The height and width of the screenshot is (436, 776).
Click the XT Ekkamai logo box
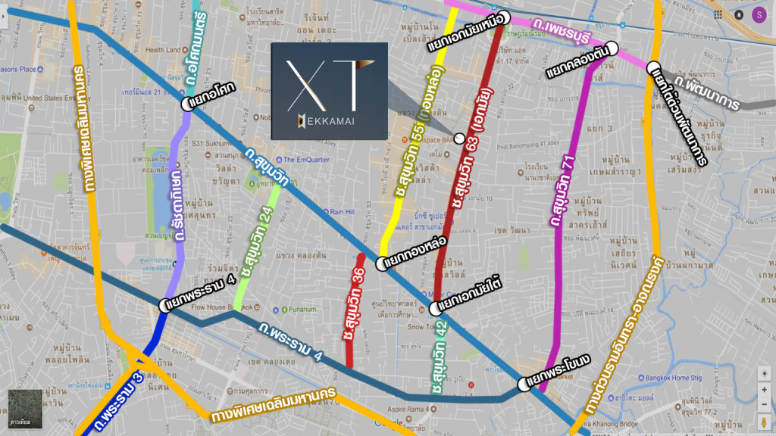click(x=329, y=90)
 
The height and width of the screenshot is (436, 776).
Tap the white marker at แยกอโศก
click(x=186, y=105)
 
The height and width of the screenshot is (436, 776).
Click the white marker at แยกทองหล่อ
click(x=380, y=264)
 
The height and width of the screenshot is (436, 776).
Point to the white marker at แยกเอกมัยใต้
click(x=434, y=308)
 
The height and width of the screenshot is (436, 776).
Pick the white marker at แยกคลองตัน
click(x=612, y=48)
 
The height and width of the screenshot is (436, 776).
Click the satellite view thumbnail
click(x=25, y=409)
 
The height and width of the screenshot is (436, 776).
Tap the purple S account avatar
click(x=759, y=14)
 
